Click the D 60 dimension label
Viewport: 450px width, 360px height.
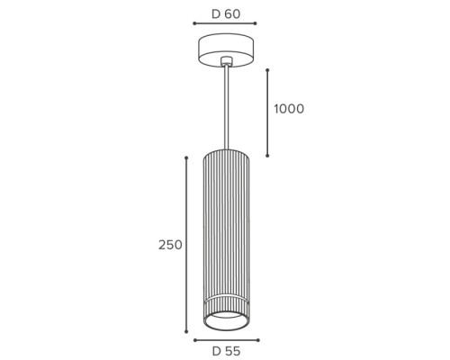tap(226, 14)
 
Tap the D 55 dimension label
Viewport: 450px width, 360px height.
tap(226, 351)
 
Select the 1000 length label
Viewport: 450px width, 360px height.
tap(289, 109)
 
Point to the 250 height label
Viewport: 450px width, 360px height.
tap(170, 245)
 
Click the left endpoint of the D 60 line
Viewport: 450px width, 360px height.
tap(194, 23)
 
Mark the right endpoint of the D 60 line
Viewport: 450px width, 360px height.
tap(256, 23)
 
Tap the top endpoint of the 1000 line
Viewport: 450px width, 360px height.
tap(267, 70)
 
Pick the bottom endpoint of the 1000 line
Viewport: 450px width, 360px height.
tap(267, 156)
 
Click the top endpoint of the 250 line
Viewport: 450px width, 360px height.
tap(186, 157)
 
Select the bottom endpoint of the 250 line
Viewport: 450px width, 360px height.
tap(186, 331)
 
